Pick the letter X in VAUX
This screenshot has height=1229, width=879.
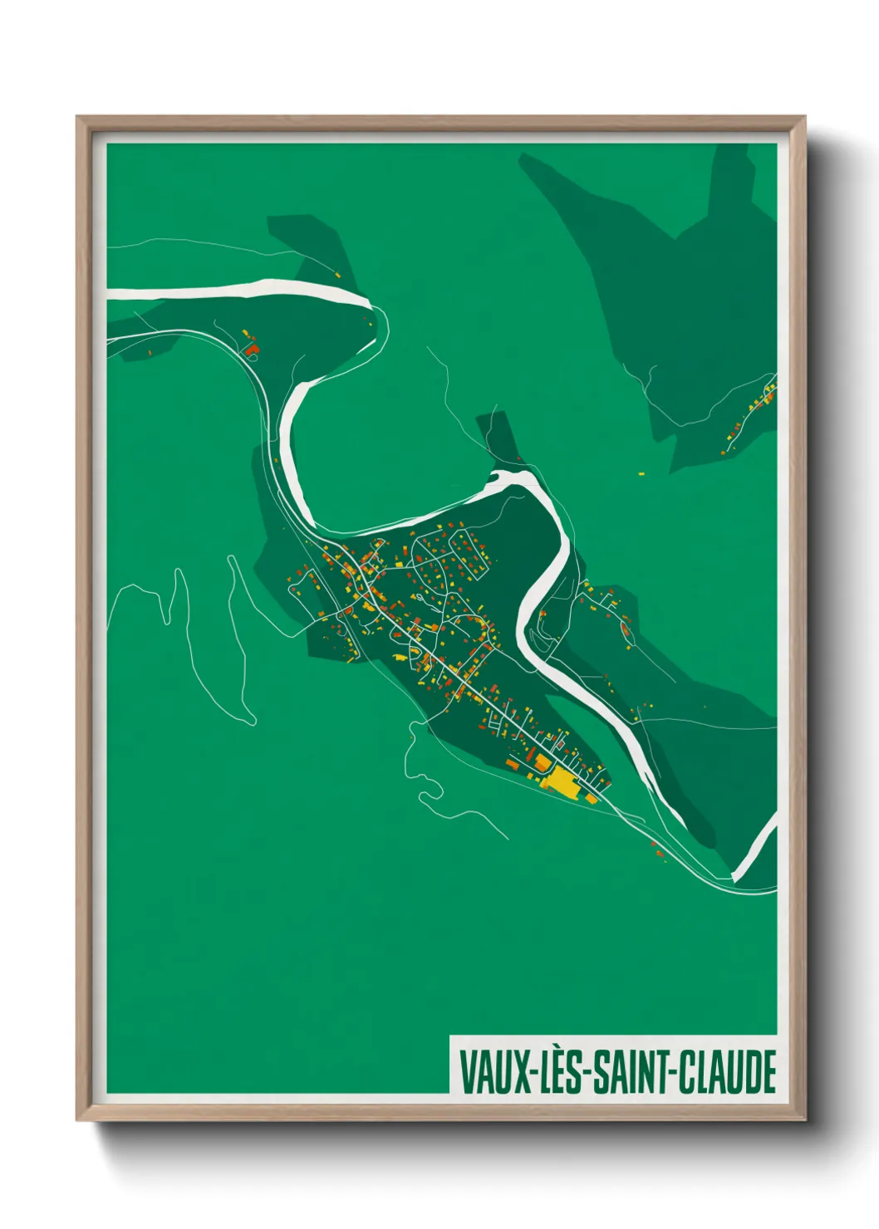point(519,1072)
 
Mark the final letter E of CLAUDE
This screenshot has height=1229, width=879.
point(769,1072)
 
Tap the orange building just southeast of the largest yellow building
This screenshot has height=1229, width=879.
point(591,799)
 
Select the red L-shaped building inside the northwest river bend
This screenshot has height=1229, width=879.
point(252,350)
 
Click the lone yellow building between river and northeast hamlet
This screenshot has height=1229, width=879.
point(641,474)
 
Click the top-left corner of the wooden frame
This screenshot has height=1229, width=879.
point(77,117)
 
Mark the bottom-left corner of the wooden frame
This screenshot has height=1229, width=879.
point(77,1120)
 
